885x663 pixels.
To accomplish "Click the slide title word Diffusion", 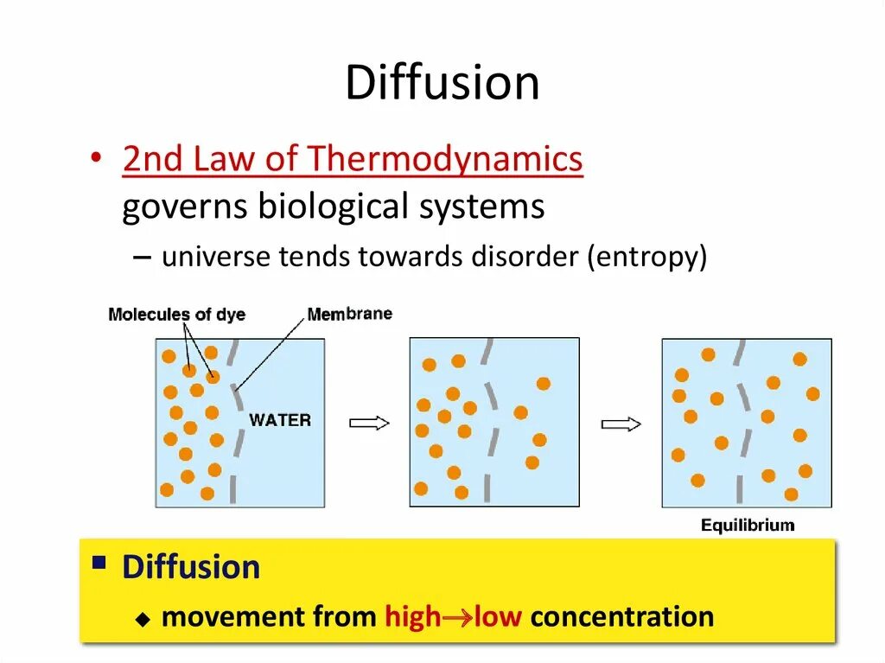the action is pos(442,83).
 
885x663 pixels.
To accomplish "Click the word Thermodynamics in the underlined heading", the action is pos(445,160).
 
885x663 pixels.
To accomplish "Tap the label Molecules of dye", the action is pos(176,315).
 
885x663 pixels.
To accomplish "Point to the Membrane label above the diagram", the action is pos(349,314).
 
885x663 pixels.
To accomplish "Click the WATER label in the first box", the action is pos(279,421).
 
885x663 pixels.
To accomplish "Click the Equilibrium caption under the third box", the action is pos(748,526).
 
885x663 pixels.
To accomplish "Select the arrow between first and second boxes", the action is pos(369,423).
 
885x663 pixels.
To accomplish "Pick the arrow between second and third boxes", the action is pos(621,424).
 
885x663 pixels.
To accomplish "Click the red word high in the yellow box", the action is pos(412,617).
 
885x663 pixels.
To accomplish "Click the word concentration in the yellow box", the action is pos(622,617).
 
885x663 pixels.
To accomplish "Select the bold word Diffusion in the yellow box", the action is pos(191,568).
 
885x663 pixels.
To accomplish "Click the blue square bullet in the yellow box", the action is pos(99,564).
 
